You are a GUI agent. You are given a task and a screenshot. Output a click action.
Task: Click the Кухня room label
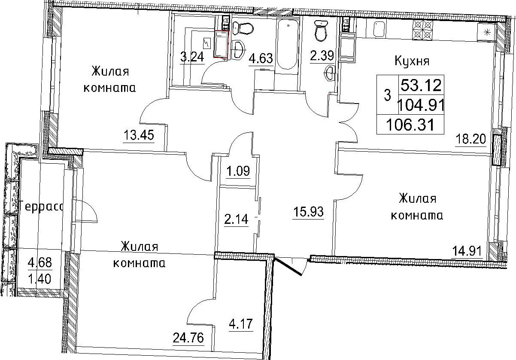coord(412,61)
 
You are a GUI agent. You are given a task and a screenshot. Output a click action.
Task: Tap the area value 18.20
coord(471,139)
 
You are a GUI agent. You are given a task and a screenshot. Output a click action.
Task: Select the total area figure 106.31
coord(410,125)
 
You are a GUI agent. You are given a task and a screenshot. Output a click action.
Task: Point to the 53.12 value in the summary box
coord(421,85)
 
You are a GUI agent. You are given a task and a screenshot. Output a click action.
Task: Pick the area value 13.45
coord(139,135)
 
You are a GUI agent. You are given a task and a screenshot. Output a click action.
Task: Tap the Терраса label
coord(41,206)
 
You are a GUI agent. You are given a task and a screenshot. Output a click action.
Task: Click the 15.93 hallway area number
coord(308,211)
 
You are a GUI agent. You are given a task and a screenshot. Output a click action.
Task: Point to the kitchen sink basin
coord(379,29)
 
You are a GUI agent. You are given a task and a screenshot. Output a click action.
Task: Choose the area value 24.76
coord(188,338)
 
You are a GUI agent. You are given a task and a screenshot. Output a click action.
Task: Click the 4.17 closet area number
coord(241,324)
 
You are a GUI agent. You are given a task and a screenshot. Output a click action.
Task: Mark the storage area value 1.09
coord(238,171)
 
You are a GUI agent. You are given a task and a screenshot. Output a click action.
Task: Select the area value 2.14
coord(236,219)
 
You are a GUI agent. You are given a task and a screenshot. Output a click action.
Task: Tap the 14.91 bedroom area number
coord(467,251)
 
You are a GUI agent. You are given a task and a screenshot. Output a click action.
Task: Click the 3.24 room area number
coord(192,57)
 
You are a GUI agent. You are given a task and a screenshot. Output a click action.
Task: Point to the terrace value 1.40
coord(39,279)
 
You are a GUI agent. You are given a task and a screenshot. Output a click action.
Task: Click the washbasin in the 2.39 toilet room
coord(329,73)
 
